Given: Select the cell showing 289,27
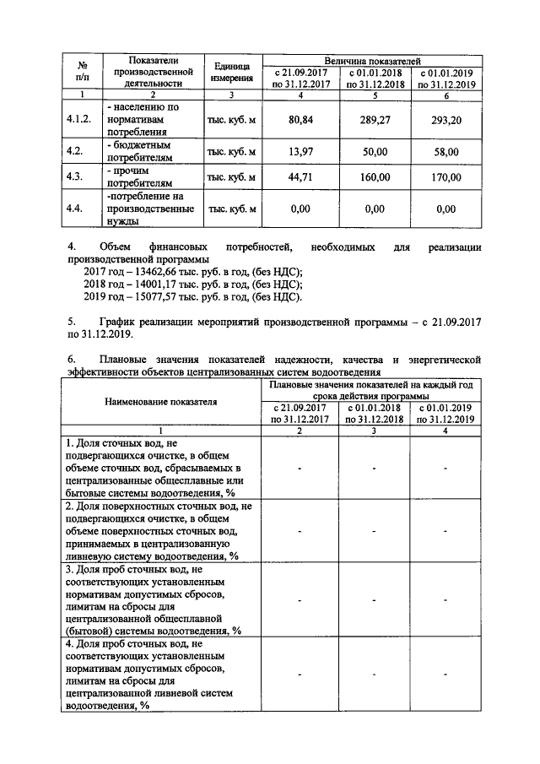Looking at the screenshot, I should click(x=374, y=121).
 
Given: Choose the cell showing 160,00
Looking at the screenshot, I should click(x=374, y=177).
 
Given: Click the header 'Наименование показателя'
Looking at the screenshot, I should click(x=160, y=402).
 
